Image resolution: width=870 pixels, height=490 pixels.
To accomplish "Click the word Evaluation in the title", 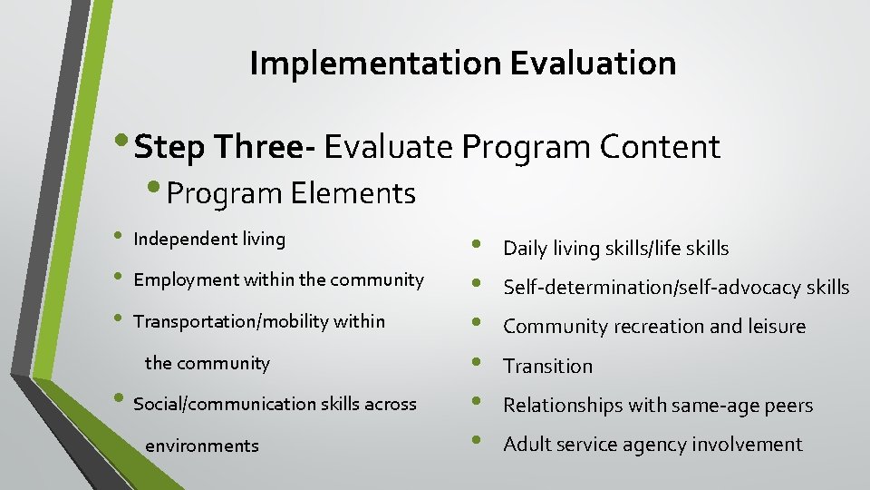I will point(593,64).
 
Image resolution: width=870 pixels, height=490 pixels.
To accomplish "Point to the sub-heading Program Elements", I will point(291,193).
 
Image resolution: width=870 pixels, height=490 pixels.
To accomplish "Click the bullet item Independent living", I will point(209,240).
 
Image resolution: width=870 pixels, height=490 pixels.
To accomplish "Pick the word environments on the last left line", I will point(201,446).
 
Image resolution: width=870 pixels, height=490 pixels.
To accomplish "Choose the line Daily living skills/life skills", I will point(615,249).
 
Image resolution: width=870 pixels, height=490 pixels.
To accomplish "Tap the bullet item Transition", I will point(547,367).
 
